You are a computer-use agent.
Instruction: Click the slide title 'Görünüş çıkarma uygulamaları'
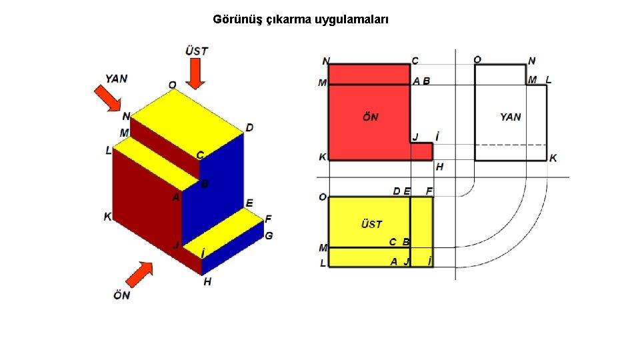coord(301,19)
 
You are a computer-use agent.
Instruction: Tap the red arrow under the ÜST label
coord(196,73)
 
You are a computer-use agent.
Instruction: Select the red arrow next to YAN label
coord(107,98)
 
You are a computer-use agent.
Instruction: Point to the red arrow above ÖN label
coord(139,273)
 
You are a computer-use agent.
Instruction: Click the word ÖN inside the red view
coord(371,117)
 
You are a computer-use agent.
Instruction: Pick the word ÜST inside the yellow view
coord(371,224)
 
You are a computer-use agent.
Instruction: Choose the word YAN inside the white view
coord(511,117)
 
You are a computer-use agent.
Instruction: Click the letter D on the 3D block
coord(249,127)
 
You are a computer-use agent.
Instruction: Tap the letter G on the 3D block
coord(269,235)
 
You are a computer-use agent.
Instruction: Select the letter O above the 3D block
coord(172,85)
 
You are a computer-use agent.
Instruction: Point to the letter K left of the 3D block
coord(107,217)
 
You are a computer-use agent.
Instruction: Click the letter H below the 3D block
coord(207,282)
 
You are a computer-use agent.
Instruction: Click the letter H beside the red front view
coord(439,167)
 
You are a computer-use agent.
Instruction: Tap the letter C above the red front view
coord(415,61)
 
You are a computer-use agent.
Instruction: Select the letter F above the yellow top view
coord(429,191)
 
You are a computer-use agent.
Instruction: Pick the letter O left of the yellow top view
coord(323,197)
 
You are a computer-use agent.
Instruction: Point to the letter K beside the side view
coord(553,158)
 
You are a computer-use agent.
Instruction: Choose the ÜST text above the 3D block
coord(196,51)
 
